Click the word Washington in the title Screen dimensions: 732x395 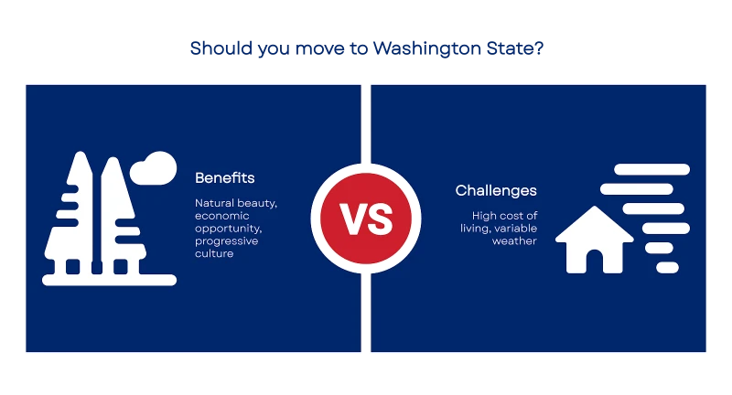click(x=426, y=49)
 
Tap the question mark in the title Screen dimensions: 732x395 click(x=539, y=48)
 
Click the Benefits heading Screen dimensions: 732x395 click(x=224, y=177)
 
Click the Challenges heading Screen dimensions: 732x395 click(x=496, y=191)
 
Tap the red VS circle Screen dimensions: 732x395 click(x=366, y=219)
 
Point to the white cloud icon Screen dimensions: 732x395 click(x=153, y=168)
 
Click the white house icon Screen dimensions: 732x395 click(x=594, y=240)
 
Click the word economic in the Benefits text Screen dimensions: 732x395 click(x=221, y=216)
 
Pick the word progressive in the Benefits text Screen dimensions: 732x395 click(x=226, y=241)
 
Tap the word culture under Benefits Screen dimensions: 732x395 click(x=214, y=253)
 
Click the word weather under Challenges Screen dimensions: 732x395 click(x=514, y=241)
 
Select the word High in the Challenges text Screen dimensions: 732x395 click(x=482, y=216)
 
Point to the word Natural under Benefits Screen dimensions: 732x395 click(x=215, y=203)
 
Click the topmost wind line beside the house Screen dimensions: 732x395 click(x=651, y=169)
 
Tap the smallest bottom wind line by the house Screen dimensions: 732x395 click(x=667, y=268)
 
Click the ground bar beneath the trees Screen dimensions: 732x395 click(x=109, y=280)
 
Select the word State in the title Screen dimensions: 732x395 click(x=510, y=48)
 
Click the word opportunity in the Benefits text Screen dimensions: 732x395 click(x=228, y=229)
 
